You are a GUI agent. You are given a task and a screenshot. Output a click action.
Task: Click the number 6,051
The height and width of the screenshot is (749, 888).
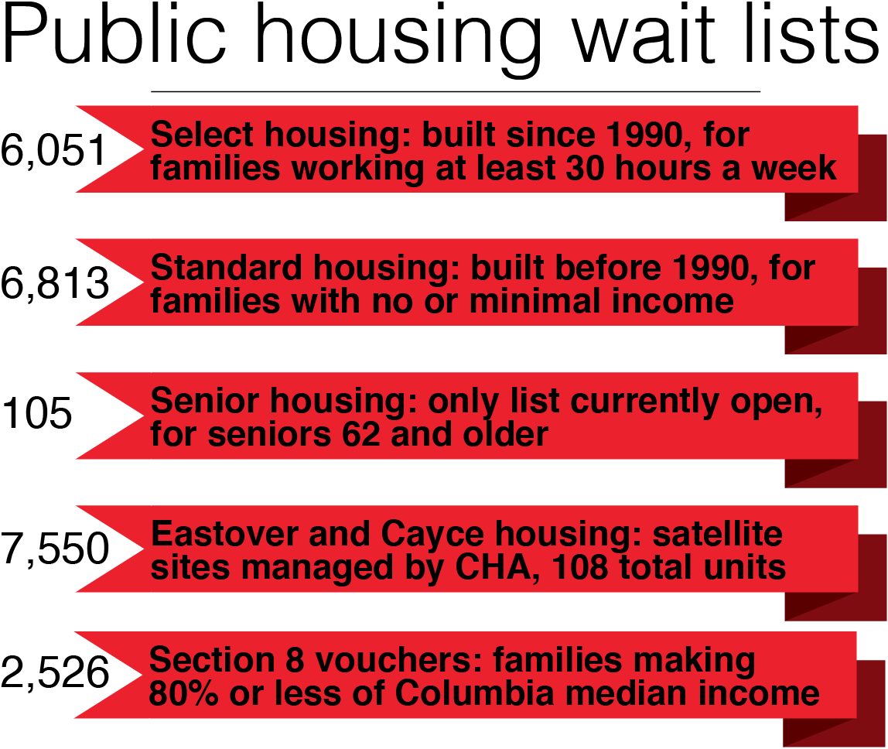pyautogui.click(x=54, y=150)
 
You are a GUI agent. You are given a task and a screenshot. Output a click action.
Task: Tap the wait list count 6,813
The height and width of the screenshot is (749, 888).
pyautogui.click(x=55, y=283)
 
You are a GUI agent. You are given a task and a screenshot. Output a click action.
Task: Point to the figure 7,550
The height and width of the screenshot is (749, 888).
pyautogui.click(x=55, y=549)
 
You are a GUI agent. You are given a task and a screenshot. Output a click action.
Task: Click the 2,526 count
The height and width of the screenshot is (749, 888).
pyautogui.click(x=55, y=672)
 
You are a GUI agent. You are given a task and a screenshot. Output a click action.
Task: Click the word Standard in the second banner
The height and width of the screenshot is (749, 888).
pyautogui.click(x=227, y=268)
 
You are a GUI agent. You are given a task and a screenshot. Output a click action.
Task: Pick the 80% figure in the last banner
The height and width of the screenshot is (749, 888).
pyautogui.click(x=183, y=693)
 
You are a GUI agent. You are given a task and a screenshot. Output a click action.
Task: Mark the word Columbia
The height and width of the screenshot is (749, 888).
pyautogui.click(x=474, y=693)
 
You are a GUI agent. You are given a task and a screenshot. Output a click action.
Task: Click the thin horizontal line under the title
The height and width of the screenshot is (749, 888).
pyautogui.click(x=456, y=91)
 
